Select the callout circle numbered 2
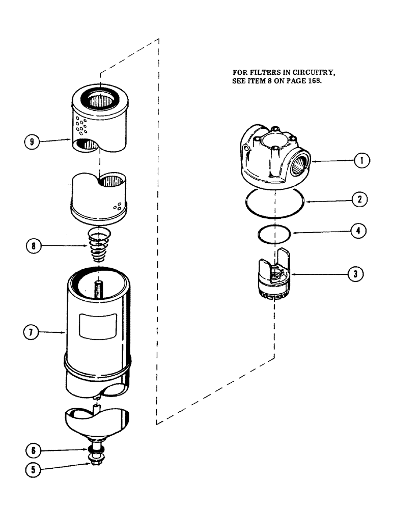click(359, 200)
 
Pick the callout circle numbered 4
click(359, 231)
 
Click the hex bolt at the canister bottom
click(95, 460)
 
